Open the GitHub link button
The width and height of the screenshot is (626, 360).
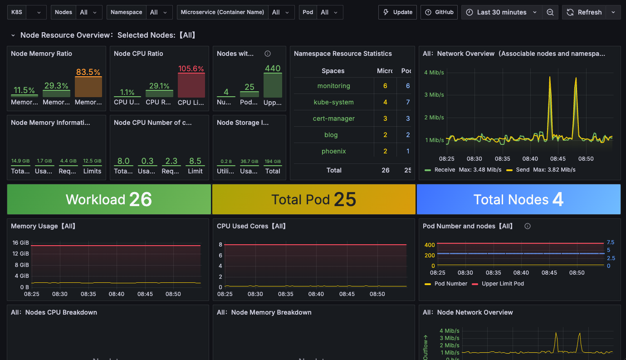439,12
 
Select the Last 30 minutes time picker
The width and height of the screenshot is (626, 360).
502,12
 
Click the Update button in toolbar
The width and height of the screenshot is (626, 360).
397,12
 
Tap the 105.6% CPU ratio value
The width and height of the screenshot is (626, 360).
191,69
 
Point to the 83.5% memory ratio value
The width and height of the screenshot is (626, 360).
88,72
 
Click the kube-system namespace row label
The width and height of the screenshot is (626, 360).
333,102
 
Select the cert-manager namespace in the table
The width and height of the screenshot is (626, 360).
333,118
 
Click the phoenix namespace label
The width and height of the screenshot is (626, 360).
333,151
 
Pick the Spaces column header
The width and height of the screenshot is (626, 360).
333,71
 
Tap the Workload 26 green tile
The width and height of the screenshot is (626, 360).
109,199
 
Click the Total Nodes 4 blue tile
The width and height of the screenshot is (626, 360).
518,199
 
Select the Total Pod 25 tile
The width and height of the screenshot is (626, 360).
313,199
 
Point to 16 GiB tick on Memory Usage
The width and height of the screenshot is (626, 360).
21,243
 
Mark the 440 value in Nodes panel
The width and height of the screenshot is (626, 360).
273,69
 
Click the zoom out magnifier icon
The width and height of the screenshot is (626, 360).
550,12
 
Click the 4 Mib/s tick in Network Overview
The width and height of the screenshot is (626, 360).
434,72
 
